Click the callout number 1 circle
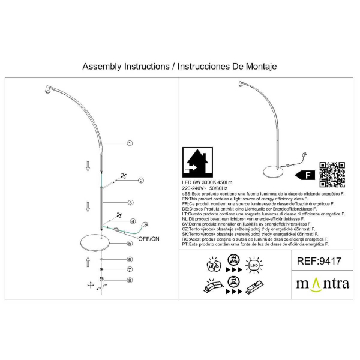130,143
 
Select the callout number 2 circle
140,180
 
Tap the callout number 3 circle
130,203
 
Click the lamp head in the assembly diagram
47,91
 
